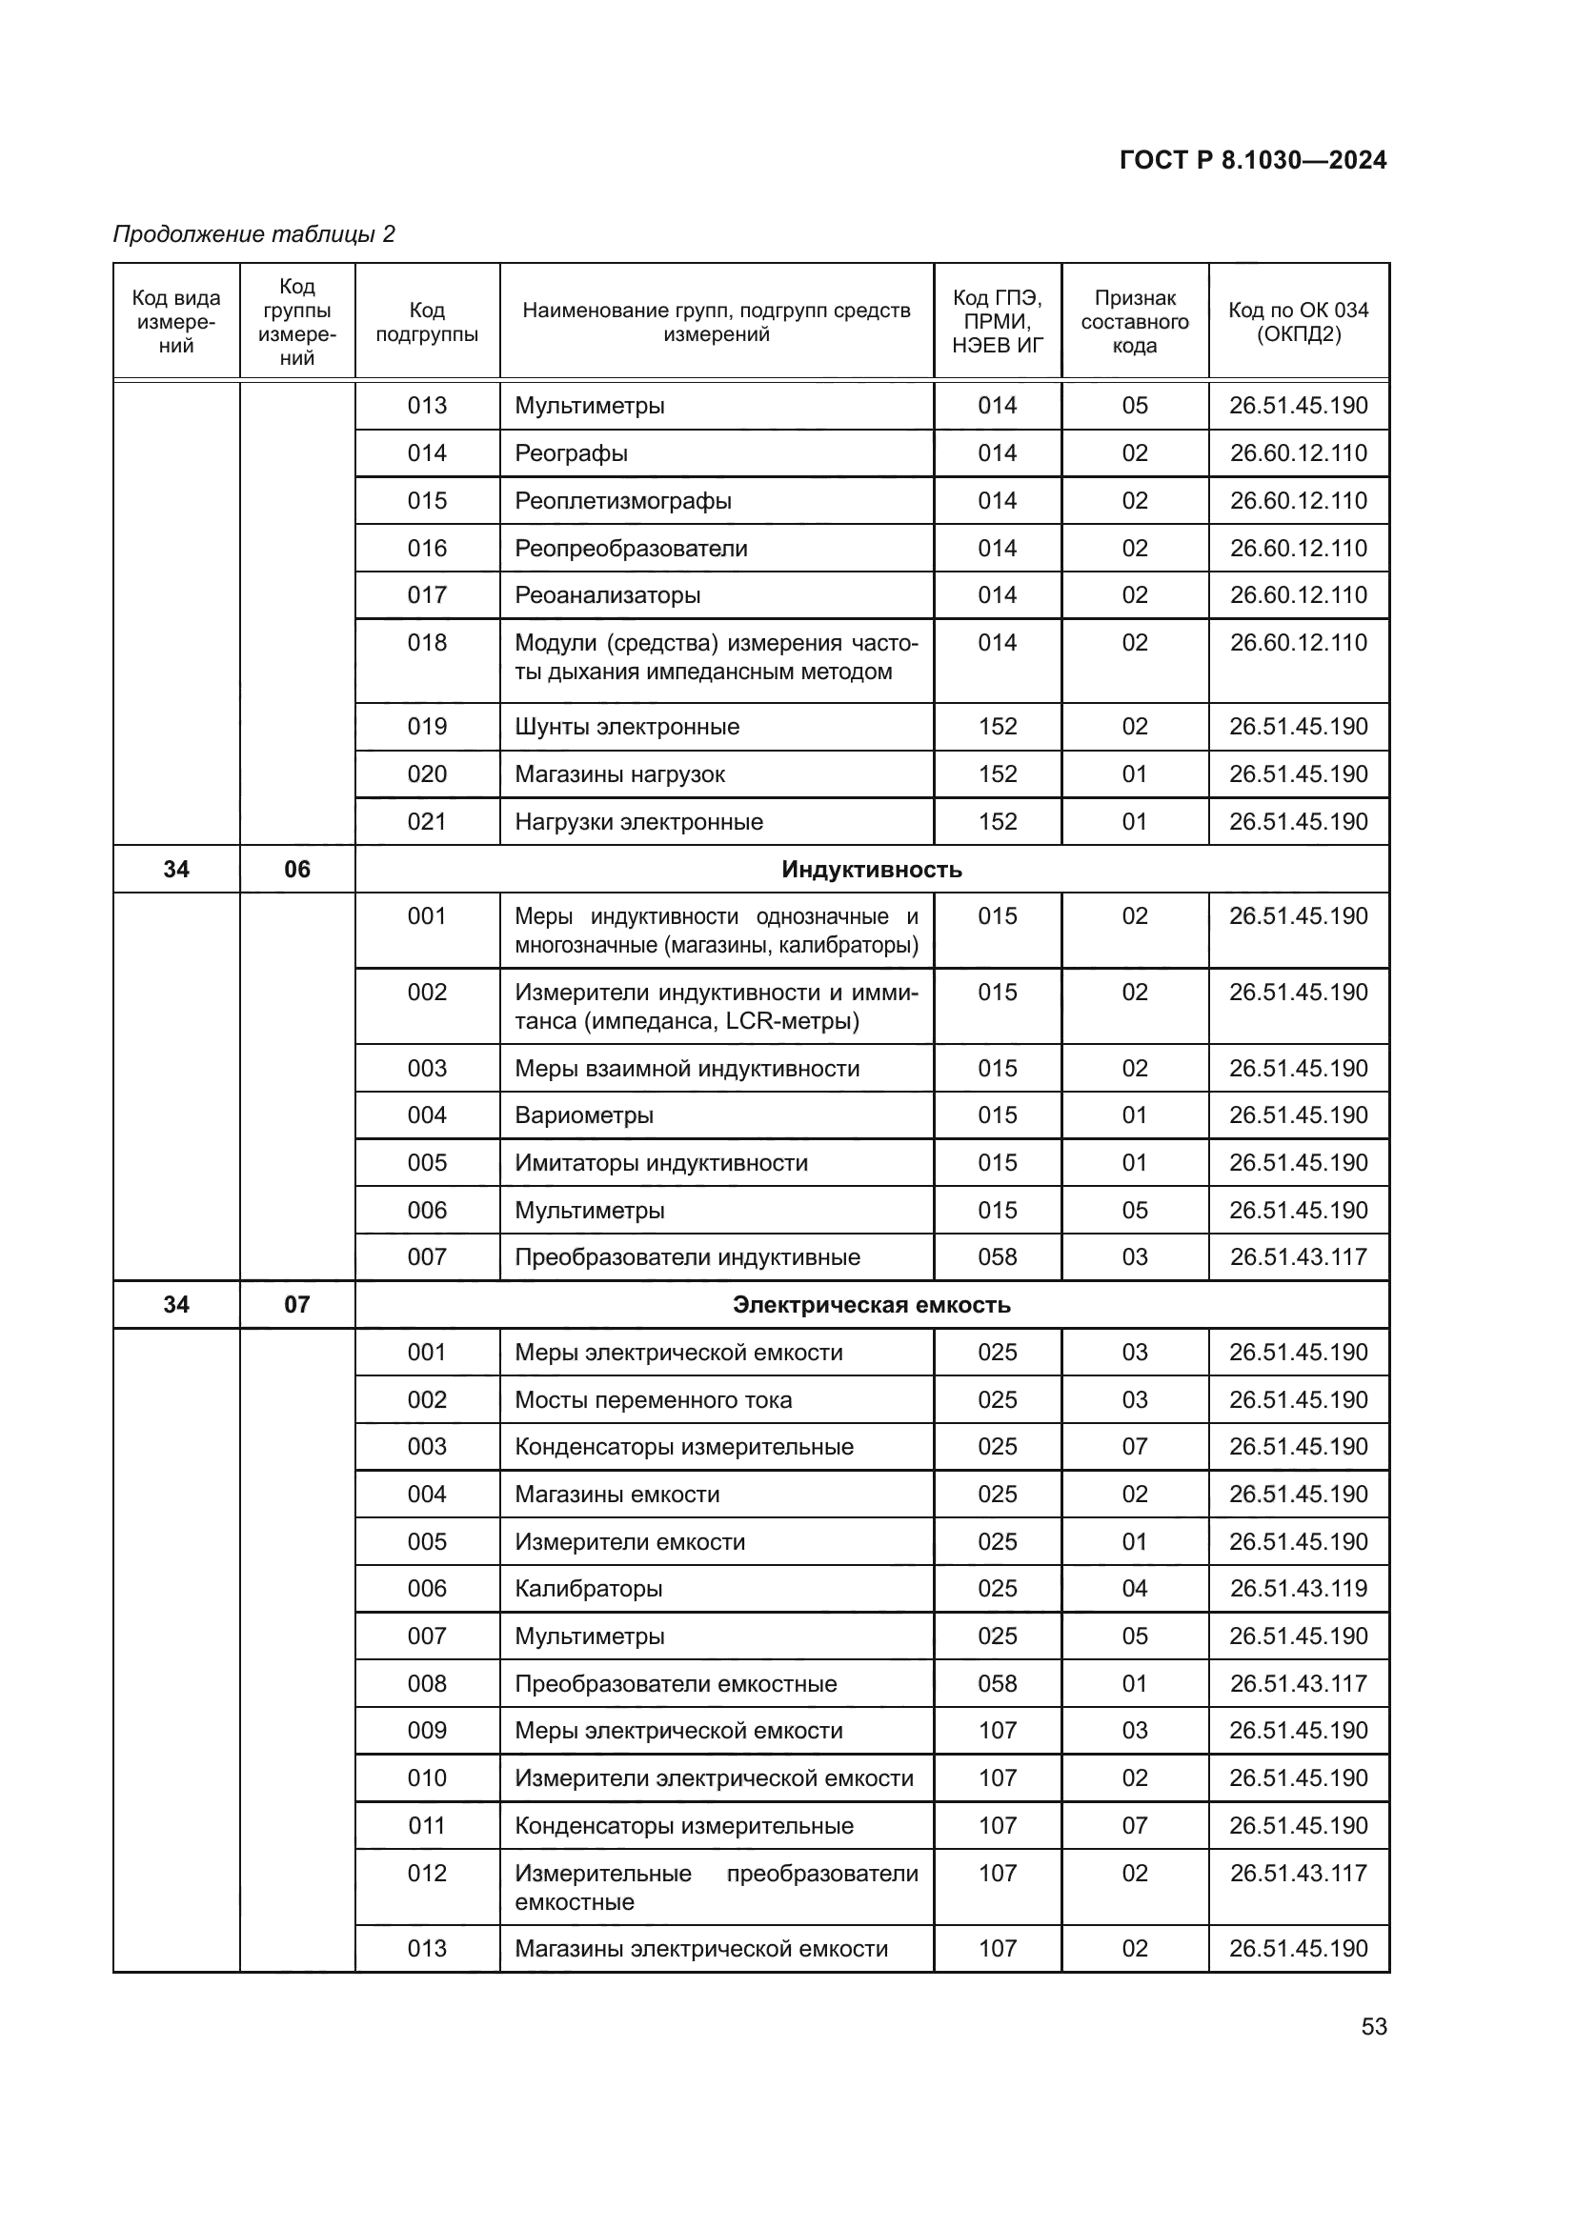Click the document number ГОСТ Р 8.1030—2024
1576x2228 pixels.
[x=1252, y=160]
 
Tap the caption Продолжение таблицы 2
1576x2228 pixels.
[x=254, y=234]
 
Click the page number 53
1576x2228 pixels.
[x=1373, y=2026]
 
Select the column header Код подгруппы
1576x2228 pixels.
[x=427, y=322]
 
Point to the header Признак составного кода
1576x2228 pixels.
[x=1135, y=322]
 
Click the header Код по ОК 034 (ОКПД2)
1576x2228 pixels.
[x=1298, y=322]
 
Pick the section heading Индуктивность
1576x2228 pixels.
[x=871, y=870]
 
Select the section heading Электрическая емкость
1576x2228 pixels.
[x=871, y=1305]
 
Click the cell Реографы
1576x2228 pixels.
[x=572, y=453]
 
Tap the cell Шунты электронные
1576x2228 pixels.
[x=627, y=727]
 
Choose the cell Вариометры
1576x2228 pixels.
[x=584, y=1116]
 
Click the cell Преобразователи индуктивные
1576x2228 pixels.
[x=687, y=1257]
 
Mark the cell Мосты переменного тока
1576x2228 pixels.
[x=653, y=1400]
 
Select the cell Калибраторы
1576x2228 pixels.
[x=588, y=1590]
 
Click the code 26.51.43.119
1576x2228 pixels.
[x=1298, y=1590]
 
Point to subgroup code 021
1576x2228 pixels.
[x=427, y=822]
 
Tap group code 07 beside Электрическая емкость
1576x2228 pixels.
[x=297, y=1305]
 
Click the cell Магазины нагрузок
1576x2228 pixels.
[x=619, y=774]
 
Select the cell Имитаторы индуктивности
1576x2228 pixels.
[x=661, y=1163]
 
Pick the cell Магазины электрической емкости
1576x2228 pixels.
[x=700, y=1950]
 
